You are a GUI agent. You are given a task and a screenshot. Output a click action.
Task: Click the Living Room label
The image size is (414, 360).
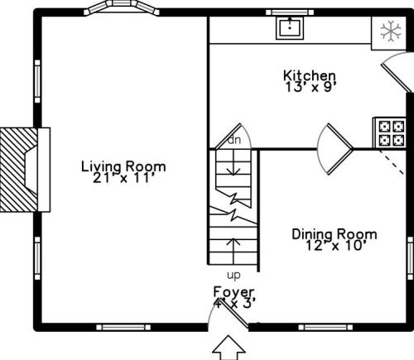point(123,167)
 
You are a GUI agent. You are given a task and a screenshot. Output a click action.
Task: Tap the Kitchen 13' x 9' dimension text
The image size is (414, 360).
point(310,88)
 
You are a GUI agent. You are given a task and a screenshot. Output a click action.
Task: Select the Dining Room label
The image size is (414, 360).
point(335,234)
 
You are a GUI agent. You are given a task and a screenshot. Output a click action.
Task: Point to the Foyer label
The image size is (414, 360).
point(233,292)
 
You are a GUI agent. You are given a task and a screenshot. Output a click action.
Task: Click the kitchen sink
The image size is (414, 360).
point(290,27)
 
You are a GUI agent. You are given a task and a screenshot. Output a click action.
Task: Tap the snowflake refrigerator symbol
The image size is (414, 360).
point(391,31)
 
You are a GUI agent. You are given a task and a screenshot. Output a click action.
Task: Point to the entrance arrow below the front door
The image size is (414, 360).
point(229,347)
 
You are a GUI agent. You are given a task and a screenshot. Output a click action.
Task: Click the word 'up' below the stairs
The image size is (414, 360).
point(233,275)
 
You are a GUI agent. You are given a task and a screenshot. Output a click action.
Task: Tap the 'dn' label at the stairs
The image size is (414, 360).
point(234,140)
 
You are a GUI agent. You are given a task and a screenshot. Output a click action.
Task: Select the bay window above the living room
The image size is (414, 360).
point(122,7)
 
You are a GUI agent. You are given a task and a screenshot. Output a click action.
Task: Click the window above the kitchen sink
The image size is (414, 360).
point(290,12)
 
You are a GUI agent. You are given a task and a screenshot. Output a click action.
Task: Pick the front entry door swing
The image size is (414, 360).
point(228,314)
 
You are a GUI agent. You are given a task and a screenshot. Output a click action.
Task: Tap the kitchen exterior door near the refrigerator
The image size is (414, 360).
point(397,73)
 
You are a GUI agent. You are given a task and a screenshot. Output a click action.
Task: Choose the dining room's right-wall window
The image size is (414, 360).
point(411,258)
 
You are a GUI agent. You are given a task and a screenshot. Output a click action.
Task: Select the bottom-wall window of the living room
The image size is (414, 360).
point(123,328)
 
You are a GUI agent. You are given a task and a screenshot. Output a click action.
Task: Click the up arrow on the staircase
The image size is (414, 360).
point(233,251)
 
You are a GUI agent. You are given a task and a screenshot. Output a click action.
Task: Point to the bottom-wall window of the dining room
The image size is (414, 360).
point(325,328)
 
